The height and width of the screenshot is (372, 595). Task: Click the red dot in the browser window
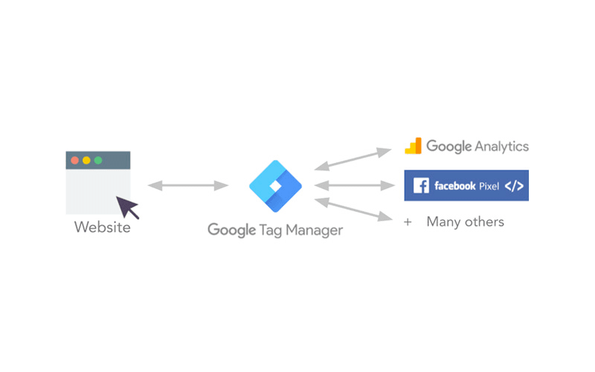click(x=75, y=160)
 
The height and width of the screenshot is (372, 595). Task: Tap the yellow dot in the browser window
click(x=86, y=160)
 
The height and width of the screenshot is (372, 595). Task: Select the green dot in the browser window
click(x=98, y=160)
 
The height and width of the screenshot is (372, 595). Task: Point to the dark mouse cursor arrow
click(x=127, y=207)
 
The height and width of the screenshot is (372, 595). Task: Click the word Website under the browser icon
click(x=103, y=227)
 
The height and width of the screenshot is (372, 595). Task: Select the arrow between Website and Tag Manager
click(x=188, y=185)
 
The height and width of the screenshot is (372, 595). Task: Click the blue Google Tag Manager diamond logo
click(x=275, y=186)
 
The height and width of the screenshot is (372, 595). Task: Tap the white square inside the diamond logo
click(x=275, y=186)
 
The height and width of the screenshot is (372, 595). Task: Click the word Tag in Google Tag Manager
click(x=271, y=231)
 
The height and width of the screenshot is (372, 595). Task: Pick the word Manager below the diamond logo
click(x=314, y=230)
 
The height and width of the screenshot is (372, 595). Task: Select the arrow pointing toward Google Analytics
click(x=353, y=159)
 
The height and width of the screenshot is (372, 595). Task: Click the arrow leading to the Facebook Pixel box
click(x=355, y=185)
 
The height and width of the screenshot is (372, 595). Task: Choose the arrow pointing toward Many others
click(x=353, y=209)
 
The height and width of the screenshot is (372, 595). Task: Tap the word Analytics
click(x=501, y=147)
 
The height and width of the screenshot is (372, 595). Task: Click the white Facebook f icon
click(x=421, y=185)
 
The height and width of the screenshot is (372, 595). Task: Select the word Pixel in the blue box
click(x=489, y=186)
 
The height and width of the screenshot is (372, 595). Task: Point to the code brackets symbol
click(x=514, y=185)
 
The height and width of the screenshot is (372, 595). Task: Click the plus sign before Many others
click(x=408, y=222)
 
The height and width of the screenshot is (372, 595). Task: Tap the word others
click(x=484, y=222)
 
